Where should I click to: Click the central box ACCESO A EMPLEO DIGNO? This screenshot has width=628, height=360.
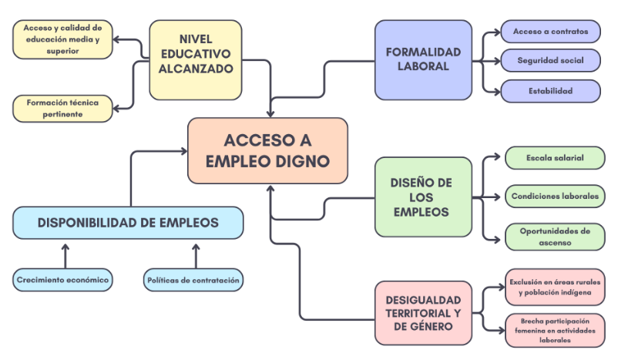pyautogui.click(x=267, y=150)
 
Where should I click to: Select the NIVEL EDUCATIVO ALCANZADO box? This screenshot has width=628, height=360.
pyautogui.click(x=195, y=59)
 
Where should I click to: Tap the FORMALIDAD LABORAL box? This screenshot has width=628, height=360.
pyautogui.click(x=422, y=59)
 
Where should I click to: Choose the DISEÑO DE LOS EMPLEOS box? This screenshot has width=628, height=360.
pyautogui.click(x=422, y=197)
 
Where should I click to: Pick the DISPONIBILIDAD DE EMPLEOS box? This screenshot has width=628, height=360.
pyautogui.click(x=128, y=223)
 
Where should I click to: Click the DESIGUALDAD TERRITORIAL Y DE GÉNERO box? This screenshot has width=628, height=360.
pyautogui.click(x=422, y=312)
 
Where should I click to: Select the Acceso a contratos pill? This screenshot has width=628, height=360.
pyautogui.click(x=550, y=32)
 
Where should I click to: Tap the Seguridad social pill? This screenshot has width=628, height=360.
pyautogui.click(x=550, y=60)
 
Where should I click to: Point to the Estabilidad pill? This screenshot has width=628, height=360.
pyautogui.click(x=550, y=91)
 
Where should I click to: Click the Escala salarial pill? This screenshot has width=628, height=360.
pyautogui.click(x=555, y=158)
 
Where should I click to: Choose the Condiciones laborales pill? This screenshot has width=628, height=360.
pyautogui.click(x=555, y=196)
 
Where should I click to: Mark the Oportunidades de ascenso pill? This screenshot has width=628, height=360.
pyautogui.click(x=555, y=236)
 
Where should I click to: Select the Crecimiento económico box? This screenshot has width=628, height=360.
pyautogui.click(x=62, y=280)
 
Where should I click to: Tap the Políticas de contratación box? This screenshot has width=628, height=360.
pyautogui.click(x=193, y=280)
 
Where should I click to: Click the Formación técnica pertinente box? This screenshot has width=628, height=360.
pyautogui.click(x=62, y=108)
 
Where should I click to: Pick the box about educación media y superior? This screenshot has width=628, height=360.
pyautogui.click(x=62, y=39)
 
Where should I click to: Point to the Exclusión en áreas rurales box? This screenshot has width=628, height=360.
pyautogui.click(x=555, y=287)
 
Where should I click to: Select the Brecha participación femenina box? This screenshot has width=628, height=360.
pyautogui.click(x=555, y=330)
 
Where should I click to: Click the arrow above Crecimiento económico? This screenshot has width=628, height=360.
pyautogui.click(x=65, y=254)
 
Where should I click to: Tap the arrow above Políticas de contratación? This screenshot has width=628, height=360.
pyautogui.click(x=196, y=254)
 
